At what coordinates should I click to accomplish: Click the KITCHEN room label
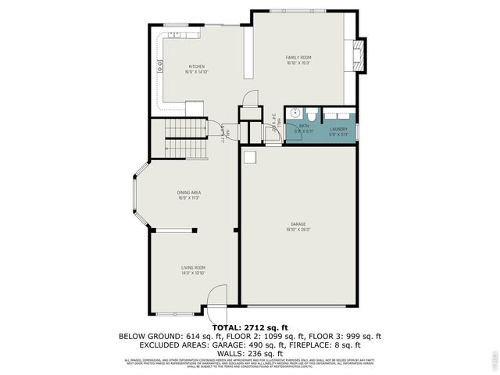(196, 66)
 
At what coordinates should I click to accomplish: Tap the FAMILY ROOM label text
(298, 57)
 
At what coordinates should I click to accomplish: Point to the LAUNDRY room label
(338, 129)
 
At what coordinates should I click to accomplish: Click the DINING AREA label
(189, 192)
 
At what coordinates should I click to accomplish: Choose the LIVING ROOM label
(193, 267)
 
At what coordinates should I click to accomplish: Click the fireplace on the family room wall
(359, 56)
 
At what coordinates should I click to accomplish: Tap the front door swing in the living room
(216, 297)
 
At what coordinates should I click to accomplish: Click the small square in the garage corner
(249, 158)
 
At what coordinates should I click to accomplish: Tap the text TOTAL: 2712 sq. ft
(250, 327)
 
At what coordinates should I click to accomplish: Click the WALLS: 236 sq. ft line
(250, 352)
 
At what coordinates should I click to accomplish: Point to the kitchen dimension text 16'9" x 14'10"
(196, 72)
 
